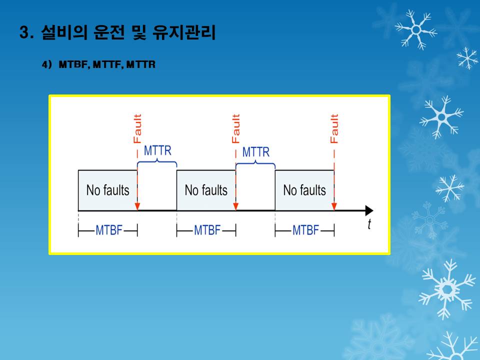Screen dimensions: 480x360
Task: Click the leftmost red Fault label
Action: tap(137, 128)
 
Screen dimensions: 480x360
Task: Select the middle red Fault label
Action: tap(235, 128)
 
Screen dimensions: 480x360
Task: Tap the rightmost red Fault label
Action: tap(334, 128)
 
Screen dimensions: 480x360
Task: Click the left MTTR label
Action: tap(157, 150)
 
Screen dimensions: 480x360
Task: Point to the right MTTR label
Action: tap(256, 152)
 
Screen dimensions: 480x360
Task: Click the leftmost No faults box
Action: tap(108, 190)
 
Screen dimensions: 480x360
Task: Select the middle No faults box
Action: tap(206, 190)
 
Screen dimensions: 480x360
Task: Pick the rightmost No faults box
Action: tap(304, 190)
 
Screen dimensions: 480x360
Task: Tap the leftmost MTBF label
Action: tap(109, 230)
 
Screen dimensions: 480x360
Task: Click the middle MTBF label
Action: tap(207, 230)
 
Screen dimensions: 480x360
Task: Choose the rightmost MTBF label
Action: tap(306, 230)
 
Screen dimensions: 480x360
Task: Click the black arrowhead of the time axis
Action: tap(369, 210)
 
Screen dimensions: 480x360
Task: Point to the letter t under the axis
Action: tap(369, 224)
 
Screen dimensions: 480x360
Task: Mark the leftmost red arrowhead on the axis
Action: tap(137, 206)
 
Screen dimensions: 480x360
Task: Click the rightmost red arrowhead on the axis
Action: tap(334, 206)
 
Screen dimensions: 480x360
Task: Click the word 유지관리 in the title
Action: tap(184, 32)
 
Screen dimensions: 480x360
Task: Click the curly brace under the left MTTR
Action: tap(157, 162)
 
